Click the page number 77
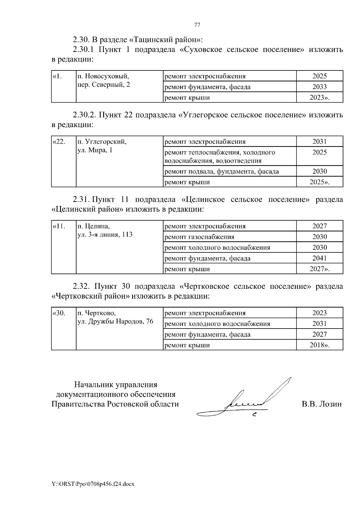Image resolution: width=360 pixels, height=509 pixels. pyautogui.click(x=197, y=25)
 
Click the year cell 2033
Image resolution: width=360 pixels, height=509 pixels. pyautogui.click(x=319, y=87)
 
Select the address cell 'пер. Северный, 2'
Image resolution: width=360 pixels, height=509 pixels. pyautogui.click(x=104, y=85)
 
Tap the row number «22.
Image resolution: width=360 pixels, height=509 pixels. pyautogui.click(x=59, y=141)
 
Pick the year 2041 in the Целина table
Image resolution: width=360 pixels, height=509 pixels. pyautogui.click(x=319, y=258)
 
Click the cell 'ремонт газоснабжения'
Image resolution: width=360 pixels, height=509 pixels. pyautogui.click(x=199, y=237)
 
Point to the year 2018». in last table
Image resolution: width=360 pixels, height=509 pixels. pyautogui.click(x=319, y=345)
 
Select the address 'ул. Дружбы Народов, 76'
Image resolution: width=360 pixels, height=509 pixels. pyautogui.click(x=115, y=321)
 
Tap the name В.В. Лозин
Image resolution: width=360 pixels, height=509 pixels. pyautogui.click(x=322, y=404)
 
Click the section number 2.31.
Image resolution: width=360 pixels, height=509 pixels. pyautogui.click(x=81, y=199)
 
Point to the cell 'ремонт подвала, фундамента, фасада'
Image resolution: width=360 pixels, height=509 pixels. pyautogui.click(x=222, y=171)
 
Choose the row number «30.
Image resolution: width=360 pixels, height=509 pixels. pyautogui.click(x=59, y=313)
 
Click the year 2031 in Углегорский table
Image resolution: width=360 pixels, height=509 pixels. pyautogui.click(x=319, y=141)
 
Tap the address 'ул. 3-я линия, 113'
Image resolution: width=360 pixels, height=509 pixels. pyautogui.click(x=105, y=234)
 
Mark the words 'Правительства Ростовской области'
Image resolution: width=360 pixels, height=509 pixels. pyautogui.click(x=115, y=404)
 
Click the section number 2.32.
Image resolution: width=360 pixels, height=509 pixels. pyautogui.click(x=81, y=286)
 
